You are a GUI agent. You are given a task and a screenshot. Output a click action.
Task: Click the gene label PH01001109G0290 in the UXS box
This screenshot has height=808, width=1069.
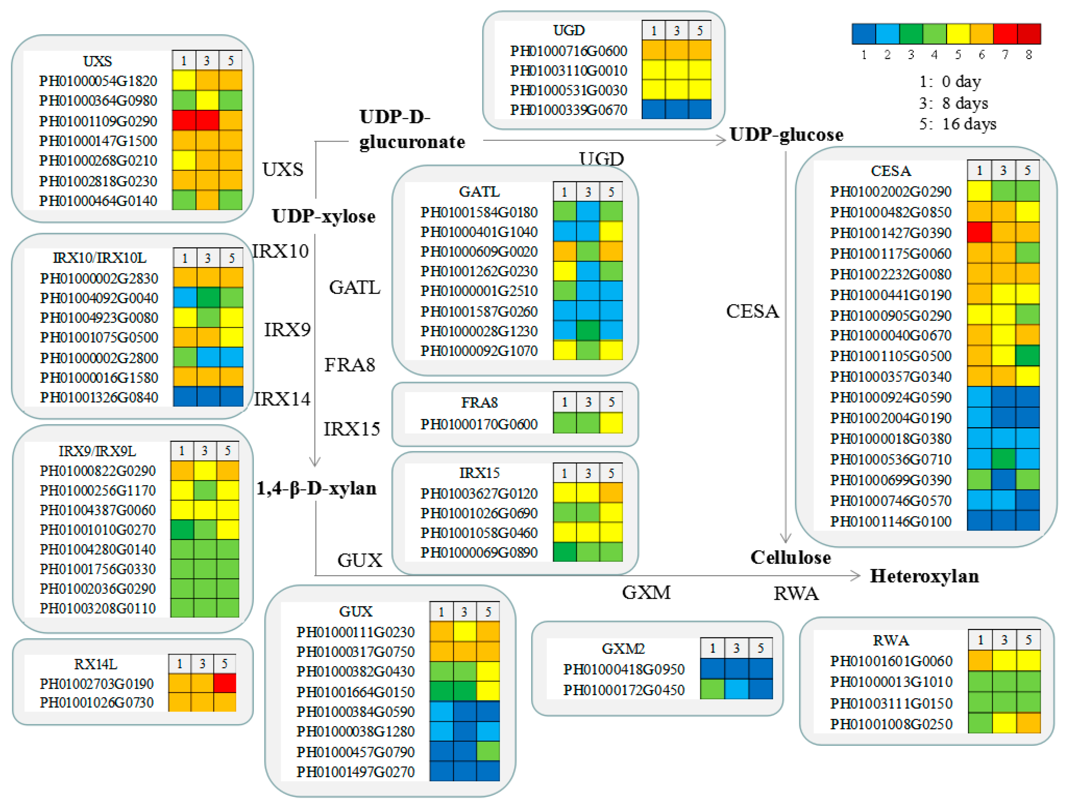click(x=98, y=121)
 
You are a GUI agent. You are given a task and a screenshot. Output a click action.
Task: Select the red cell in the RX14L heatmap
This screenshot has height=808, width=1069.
click(x=225, y=683)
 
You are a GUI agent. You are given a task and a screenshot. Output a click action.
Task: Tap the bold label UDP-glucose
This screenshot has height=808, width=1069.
click(x=786, y=134)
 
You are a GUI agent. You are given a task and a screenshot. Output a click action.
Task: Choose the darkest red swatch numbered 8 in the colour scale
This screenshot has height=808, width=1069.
click(x=1029, y=34)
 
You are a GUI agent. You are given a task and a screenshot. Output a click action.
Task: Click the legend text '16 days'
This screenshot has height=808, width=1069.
click(x=969, y=124)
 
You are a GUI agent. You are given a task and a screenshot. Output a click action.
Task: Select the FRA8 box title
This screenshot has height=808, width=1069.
click(x=479, y=402)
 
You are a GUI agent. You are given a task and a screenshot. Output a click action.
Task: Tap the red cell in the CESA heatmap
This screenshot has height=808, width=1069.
click(x=979, y=232)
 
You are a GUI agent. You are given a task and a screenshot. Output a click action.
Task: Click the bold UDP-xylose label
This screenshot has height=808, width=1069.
click(x=323, y=216)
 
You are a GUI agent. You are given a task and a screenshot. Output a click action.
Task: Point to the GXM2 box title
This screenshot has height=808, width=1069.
click(x=623, y=648)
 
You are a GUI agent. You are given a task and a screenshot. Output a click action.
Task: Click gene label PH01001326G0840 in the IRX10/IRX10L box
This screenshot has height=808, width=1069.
click(x=99, y=397)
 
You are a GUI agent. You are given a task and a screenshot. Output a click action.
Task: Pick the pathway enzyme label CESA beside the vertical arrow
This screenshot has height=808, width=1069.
click(x=752, y=312)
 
